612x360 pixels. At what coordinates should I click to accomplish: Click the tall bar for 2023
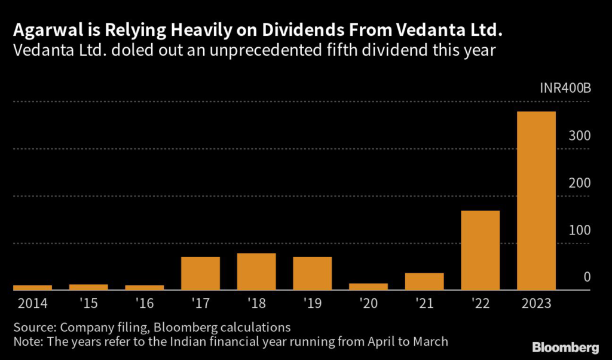click(536, 201)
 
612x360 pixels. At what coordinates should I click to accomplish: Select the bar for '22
click(480, 251)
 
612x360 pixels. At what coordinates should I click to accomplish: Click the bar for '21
click(424, 282)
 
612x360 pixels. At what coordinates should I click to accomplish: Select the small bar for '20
click(368, 287)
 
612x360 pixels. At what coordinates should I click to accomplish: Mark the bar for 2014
click(32, 288)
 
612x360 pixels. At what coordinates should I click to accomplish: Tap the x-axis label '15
click(88, 304)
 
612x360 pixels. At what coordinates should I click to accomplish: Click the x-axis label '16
click(144, 304)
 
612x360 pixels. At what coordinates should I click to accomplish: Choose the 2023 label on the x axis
click(536, 304)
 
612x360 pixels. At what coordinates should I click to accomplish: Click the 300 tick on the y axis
click(580, 136)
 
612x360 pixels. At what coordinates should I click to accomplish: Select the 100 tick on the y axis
click(580, 230)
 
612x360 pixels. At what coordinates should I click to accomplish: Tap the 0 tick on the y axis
click(587, 277)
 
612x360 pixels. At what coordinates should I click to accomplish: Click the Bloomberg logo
click(565, 347)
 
